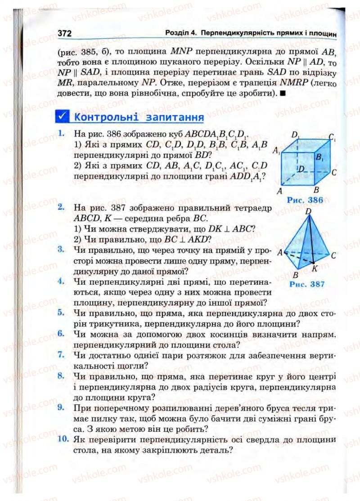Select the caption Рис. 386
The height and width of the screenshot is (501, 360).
(305, 200)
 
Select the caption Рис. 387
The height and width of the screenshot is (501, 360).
(307, 284)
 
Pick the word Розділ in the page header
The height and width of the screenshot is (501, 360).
(178, 33)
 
